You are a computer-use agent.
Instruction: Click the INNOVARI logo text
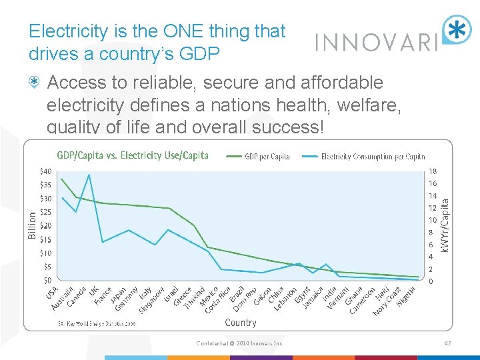tap(375, 42)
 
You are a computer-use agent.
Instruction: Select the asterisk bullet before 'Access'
tap(35, 83)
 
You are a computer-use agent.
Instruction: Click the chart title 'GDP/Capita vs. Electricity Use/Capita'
tap(133, 155)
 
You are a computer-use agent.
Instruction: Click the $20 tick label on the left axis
tap(46, 226)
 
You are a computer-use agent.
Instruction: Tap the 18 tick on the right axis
tap(433, 171)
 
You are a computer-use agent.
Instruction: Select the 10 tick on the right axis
tap(433, 221)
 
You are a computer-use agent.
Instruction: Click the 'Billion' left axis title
tap(32, 225)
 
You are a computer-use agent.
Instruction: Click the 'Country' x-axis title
tap(241, 323)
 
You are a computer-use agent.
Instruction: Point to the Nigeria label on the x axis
tap(405, 296)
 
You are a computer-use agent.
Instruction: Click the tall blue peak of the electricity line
tap(89, 175)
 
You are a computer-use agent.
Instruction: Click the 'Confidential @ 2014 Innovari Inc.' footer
tap(239, 343)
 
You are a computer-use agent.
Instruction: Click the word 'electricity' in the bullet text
tap(85, 105)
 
